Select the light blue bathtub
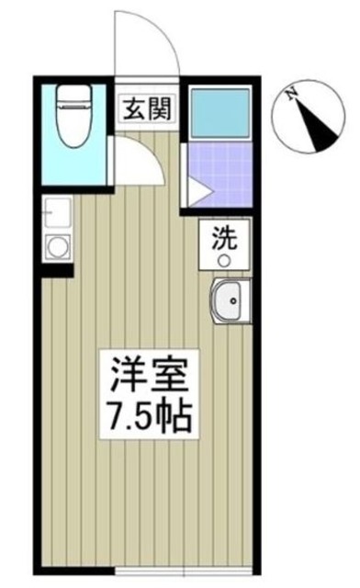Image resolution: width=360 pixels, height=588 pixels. [220, 111]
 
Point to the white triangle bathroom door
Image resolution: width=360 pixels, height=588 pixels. [197, 189]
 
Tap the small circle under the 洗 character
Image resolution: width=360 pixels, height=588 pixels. [223, 260]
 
